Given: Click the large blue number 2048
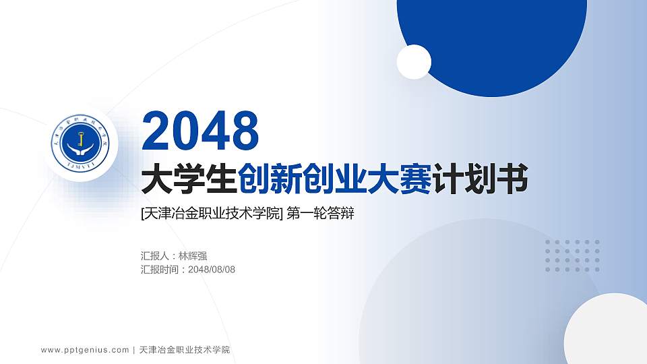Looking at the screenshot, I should (x=200, y=131).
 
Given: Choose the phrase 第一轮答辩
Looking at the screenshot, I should (x=320, y=214).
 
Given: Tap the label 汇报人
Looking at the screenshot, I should (x=156, y=256).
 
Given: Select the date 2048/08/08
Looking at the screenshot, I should (x=212, y=270).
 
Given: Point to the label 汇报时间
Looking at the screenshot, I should (x=161, y=270).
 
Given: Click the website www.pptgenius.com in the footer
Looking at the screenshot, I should (x=85, y=350).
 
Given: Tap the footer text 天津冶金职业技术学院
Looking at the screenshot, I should (x=184, y=350).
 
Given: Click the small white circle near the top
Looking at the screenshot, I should (x=414, y=62).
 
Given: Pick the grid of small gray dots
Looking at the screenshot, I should (x=572, y=255).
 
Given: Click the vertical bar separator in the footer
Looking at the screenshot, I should (x=134, y=350).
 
